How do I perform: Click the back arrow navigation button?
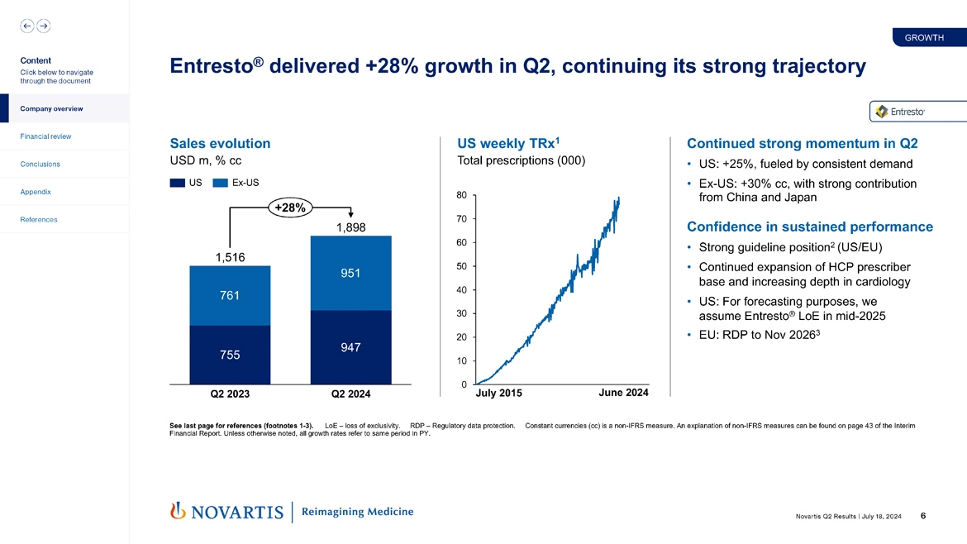tap(27, 26)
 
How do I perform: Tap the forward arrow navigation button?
tap(43, 26)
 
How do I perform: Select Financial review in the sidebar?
tap(45, 136)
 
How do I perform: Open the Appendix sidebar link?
tap(36, 192)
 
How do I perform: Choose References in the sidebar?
tap(39, 220)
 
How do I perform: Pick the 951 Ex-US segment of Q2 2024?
tap(350, 273)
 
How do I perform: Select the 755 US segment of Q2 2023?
tap(230, 355)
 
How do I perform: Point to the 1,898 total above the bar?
tap(350, 227)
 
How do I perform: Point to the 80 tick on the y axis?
tap(461, 195)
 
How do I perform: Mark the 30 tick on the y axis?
tap(461, 313)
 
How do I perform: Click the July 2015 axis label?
tap(499, 394)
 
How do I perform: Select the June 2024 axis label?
tap(622, 393)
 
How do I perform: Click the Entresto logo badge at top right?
tap(904, 112)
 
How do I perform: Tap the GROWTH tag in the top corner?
tap(924, 38)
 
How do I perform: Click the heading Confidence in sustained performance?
tap(809, 227)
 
